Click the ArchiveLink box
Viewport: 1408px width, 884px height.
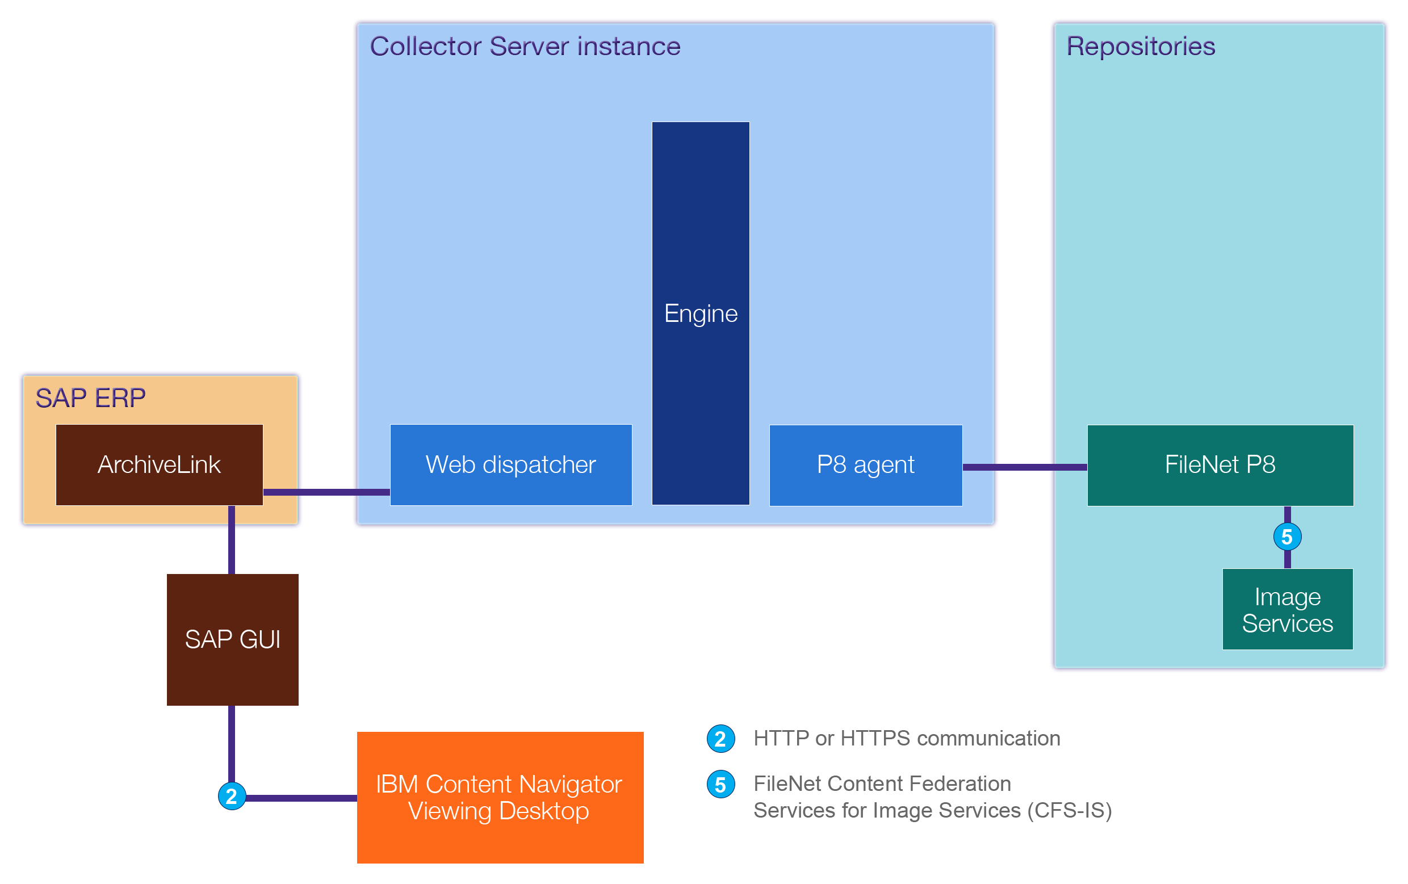[159, 465]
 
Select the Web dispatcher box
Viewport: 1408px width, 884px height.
[510, 465]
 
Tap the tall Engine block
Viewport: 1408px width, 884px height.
[700, 313]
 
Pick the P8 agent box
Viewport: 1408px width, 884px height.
[865, 465]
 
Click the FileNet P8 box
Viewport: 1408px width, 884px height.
[1219, 465]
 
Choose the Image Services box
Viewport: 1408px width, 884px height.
[1287, 609]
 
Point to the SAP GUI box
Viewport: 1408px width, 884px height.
[232, 639]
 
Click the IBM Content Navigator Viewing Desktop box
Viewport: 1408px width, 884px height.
[500, 797]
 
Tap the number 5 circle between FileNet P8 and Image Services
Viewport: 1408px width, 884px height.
[1287, 537]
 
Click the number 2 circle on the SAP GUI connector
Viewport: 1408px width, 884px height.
[232, 797]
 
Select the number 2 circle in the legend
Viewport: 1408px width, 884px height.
[720, 739]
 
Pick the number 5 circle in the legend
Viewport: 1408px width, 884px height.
[720, 785]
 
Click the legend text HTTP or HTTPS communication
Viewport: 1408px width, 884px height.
[906, 739]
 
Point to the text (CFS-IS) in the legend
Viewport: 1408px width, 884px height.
[1069, 810]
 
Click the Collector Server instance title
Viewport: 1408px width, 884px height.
[525, 46]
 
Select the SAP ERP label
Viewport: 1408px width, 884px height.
[90, 398]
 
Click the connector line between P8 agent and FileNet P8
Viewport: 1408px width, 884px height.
[1024, 467]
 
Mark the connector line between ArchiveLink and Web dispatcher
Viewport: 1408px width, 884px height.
[326, 492]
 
